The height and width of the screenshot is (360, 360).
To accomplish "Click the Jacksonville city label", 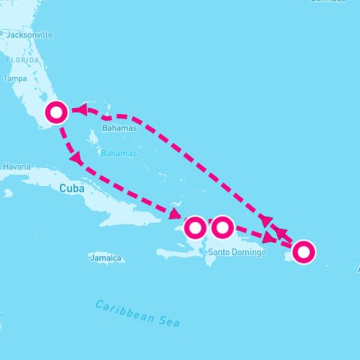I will (30, 34).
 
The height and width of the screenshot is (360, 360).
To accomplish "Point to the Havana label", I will (16, 166).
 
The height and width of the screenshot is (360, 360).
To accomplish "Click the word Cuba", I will (71, 188).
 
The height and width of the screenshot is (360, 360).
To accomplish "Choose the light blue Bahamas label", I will (119, 153).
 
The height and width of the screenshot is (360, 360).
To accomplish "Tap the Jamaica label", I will (105, 258).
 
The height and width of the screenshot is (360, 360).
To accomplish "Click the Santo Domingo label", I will (237, 252).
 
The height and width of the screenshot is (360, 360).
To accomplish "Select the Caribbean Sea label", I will (138, 313).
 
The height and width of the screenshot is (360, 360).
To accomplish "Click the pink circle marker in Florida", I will (57, 112).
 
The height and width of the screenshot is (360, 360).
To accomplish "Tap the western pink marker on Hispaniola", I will (195, 226).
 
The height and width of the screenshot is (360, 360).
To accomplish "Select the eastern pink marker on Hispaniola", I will (222, 226).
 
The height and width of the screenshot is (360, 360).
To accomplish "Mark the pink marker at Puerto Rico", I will (303, 252).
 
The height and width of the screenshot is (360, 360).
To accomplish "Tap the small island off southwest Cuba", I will (7, 193).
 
